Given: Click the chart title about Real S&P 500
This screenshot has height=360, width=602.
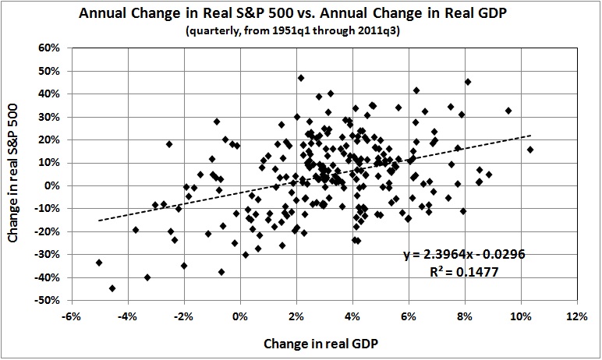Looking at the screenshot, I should (x=300, y=12).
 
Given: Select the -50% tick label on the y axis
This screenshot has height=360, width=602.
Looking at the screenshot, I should (x=48, y=300).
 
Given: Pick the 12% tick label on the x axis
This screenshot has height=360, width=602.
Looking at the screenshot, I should (x=577, y=316).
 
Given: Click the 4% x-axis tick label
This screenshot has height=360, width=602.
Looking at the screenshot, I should (x=353, y=316).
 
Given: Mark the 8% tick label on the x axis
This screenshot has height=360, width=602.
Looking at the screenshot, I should (x=466, y=316).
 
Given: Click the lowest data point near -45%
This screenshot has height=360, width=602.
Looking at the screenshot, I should (x=112, y=288).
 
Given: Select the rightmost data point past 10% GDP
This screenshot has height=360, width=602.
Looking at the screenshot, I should (x=530, y=150).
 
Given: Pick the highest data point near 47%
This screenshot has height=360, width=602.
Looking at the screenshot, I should (x=301, y=78).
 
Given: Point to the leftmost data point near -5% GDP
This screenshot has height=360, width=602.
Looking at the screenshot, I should (x=99, y=263).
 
